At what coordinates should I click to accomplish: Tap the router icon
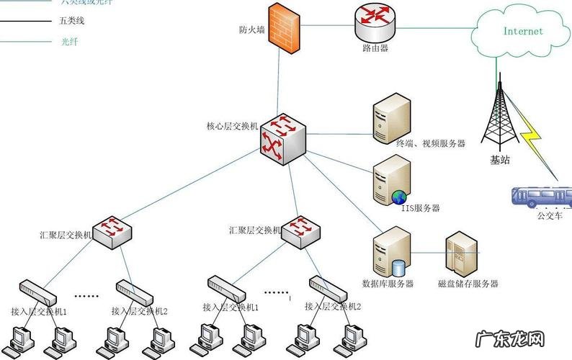coord(375,24)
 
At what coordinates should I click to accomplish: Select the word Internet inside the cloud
coord(523,32)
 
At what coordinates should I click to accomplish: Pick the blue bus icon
coord(540,197)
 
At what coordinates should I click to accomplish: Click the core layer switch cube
coord(282,136)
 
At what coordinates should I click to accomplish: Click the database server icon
coord(390,251)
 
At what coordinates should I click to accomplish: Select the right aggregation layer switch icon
coord(299,230)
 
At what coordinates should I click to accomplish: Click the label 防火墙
coord(251,30)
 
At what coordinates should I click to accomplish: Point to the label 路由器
coord(375,48)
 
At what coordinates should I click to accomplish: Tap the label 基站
coord(500,160)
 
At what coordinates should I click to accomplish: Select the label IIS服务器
coord(421,208)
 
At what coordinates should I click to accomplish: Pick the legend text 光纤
coord(69,42)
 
